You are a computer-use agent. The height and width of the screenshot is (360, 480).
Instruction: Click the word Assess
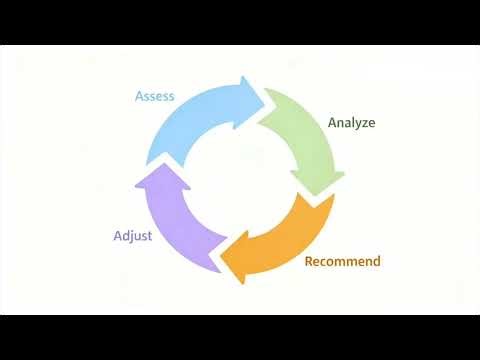tap(155, 97)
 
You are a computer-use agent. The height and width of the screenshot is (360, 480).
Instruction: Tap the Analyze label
tap(351, 123)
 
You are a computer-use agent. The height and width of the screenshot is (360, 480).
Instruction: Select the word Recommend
tap(342, 262)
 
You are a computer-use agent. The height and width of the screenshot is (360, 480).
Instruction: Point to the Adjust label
tap(132, 237)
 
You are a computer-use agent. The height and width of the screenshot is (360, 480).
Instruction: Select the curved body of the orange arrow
tap(290, 245)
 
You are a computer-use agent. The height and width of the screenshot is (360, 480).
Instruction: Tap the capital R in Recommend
tap(308, 262)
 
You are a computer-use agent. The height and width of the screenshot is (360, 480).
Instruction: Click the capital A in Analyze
tap(332, 123)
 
